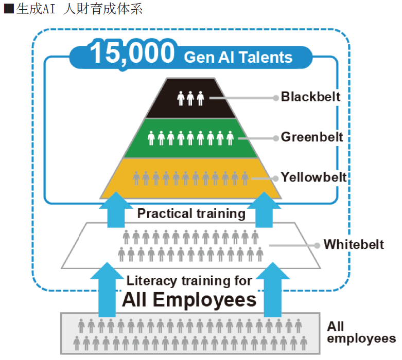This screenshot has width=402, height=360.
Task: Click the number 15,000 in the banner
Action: [132, 53]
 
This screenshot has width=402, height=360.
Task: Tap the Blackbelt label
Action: [310, 97]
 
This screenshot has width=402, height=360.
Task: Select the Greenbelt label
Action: [312, 137]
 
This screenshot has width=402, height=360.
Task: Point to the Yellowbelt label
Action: [313, 177]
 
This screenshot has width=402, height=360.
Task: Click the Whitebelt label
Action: [354, 244]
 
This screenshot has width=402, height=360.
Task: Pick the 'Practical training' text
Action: [191, 214]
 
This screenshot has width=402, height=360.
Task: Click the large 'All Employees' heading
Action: [189, 300]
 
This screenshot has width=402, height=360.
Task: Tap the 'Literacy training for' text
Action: [189, 281]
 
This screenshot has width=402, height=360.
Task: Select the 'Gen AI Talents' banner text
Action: [238, 57]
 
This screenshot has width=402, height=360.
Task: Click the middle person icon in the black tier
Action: [190, 98]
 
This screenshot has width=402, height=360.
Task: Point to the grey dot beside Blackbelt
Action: [276, 98]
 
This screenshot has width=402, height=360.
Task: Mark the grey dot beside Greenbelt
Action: [276, 138]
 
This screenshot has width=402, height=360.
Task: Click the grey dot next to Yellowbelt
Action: [276, 178]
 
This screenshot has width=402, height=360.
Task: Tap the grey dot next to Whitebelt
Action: [317, 245]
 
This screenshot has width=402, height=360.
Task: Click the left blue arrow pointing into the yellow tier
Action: [116, 210]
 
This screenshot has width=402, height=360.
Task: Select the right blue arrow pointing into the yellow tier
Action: [264, 210]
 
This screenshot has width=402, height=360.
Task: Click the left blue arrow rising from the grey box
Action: [107, 290]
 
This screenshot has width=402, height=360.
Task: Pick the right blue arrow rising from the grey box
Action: [273, 290]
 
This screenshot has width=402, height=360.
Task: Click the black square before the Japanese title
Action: [9, 9]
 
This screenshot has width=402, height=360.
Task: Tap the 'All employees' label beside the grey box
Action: [361, 332]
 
